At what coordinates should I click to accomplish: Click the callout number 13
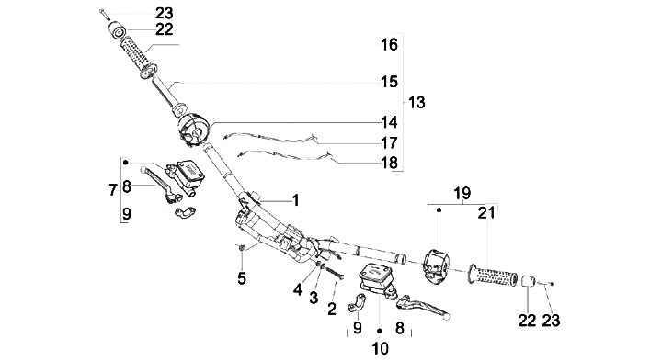tap(417, 102)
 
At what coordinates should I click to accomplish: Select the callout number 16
tap(389, 44)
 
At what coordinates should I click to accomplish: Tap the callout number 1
tap(295, 200)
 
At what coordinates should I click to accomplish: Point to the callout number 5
tap(242, 278)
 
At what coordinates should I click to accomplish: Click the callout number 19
tap(462, 194)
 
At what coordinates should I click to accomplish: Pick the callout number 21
tap(486, 213)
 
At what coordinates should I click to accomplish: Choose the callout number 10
tap(380, 348)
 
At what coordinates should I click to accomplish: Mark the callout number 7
tap(112, 190)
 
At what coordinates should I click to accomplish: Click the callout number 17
tap(389, 142)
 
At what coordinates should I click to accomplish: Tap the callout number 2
tap(332, 310)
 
